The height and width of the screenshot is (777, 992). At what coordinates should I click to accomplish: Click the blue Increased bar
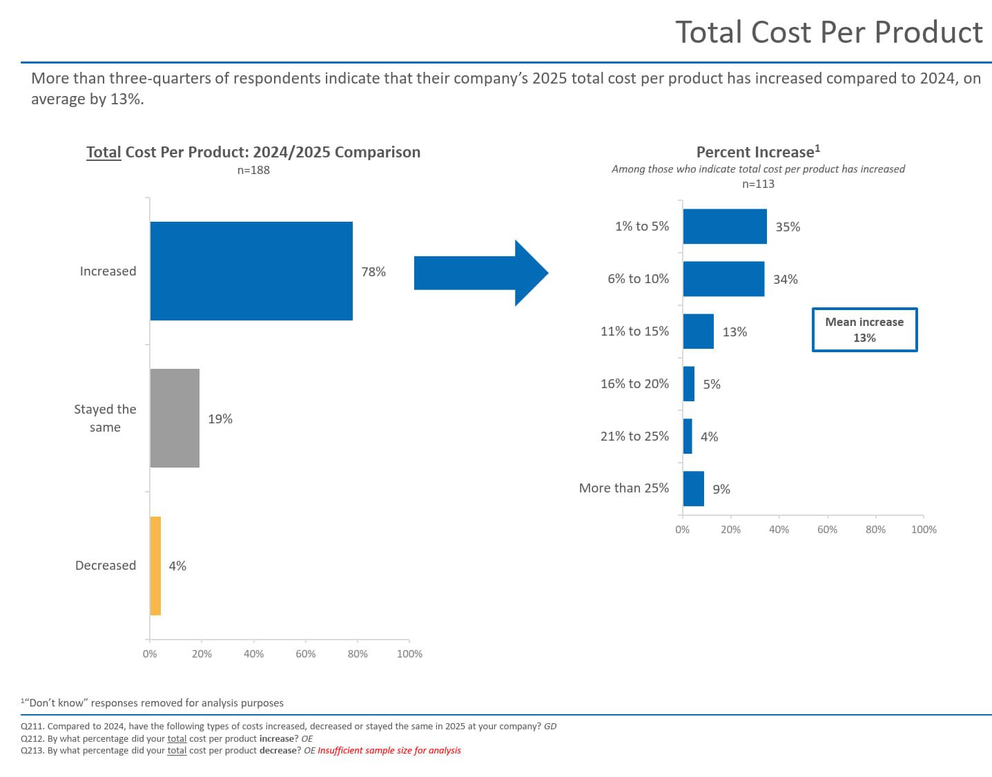251,271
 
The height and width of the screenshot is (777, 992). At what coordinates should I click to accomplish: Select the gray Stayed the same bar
175,418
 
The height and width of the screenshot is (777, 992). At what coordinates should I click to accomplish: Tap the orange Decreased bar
155,566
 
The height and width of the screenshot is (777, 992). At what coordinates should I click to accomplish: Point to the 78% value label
373,271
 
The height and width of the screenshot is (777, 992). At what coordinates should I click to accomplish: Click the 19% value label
220,419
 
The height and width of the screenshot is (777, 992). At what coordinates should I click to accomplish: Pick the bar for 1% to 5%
725,227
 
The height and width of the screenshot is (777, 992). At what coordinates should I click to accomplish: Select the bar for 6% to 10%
723,279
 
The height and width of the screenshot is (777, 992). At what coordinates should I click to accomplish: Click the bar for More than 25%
693,489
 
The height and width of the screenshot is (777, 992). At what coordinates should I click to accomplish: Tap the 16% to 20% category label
634,383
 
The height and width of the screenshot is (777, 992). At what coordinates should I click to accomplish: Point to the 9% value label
721,489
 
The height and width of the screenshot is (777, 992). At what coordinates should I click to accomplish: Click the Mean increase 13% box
864,329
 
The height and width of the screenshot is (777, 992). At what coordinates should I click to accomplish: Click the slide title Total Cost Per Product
828,32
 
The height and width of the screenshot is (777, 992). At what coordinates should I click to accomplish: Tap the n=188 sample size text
253,170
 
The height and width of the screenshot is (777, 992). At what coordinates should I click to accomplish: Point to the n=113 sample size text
758,184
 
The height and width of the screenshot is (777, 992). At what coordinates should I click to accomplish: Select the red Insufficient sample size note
389,750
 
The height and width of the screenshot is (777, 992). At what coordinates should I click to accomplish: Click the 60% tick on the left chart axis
306,653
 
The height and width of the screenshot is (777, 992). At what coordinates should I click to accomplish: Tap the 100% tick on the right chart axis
924,529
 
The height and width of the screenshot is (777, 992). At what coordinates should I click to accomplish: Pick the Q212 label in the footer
32,738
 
